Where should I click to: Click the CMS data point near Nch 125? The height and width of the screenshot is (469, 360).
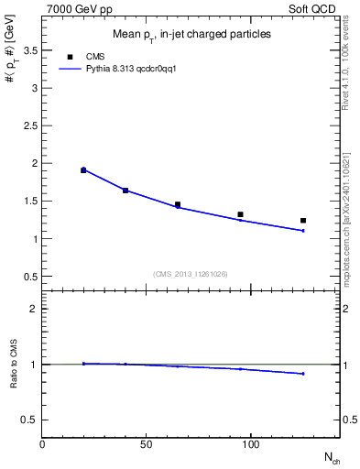pyautogui.click(x=303, y=221)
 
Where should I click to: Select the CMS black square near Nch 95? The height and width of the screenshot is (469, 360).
pyautogui.click(x=240, y=214)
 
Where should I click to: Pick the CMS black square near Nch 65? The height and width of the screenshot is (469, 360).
pyautogui.click(x=178, y=204)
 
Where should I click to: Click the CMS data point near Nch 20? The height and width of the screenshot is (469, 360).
pyautogui.click(x=83, y=169)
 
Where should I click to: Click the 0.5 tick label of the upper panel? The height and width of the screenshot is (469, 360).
pyautogui.click(x=30, y=277)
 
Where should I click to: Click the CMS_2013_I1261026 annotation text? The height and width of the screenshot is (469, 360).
pyautogui.click(x=191, y=273)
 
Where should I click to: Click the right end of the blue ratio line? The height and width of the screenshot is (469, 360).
pyautogui.click(x=303, y=374)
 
